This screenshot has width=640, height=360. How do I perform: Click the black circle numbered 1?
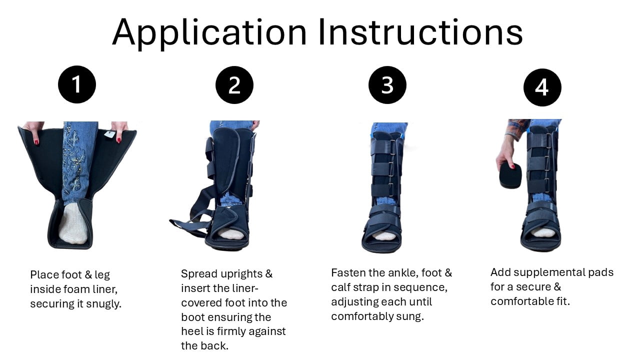click(77, 84)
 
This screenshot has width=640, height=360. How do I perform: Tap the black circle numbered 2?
click(234, 85)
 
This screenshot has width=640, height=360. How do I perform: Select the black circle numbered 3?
click(387, 85)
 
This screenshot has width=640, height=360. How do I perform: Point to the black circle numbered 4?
click(542, 87)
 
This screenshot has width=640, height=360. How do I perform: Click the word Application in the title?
click(209, 33)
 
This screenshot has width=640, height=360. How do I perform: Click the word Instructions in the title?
click(420, 32)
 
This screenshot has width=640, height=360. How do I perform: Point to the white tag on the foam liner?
click(109, 134)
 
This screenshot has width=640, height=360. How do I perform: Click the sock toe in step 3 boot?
click(383, 236)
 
